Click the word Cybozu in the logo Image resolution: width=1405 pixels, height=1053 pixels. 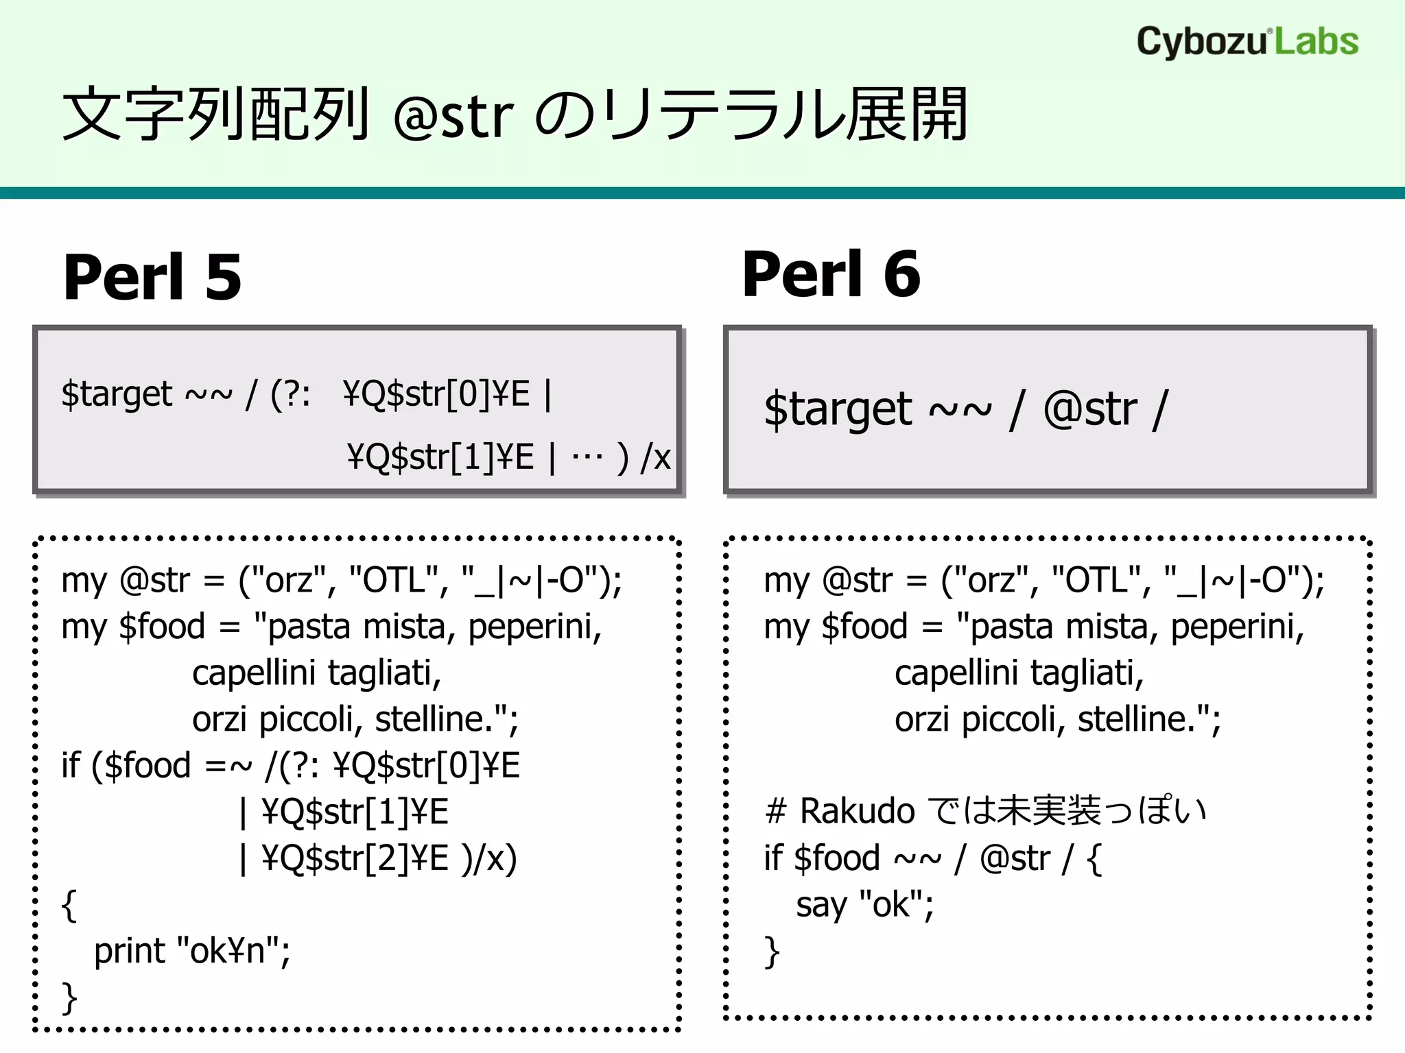tap(1201, 43)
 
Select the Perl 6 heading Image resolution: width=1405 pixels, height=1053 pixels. tap(831, 274)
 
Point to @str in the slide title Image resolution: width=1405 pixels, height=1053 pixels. tap(453, 117)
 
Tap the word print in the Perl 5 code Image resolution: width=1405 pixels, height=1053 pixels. tap(130, 951)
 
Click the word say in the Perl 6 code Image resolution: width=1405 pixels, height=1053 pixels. tap(820, 905)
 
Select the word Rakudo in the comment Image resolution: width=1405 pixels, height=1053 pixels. tap(858, 812)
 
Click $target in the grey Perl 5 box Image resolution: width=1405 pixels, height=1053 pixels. tap(117, 394)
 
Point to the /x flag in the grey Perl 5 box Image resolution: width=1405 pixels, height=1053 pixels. tap(655, 457)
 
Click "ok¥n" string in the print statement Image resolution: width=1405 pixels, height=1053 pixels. tap(233, 951)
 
